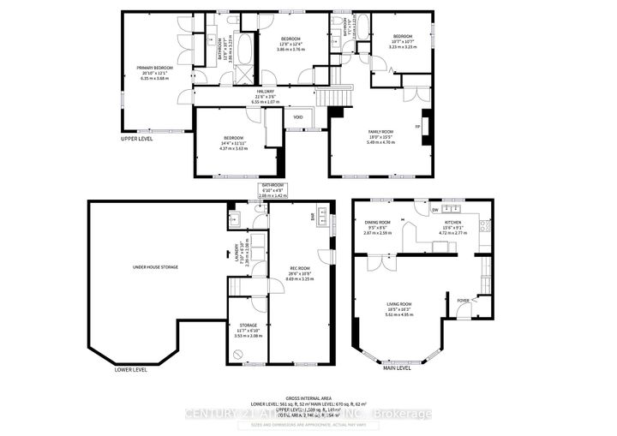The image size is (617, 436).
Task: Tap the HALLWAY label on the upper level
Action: (x=264, y=95)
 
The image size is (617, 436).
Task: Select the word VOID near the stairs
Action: (x=298, y=117)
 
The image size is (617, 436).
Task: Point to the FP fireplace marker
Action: (x=417, y=127)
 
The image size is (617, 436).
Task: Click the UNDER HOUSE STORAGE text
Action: (x=155, y=267)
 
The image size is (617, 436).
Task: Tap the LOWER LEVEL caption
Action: (x=130, y=370)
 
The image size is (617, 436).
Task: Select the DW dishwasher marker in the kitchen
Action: (x=434, y=209)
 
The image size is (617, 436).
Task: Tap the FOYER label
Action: (x=464, y=300)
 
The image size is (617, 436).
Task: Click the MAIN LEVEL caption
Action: (x=397, y=369)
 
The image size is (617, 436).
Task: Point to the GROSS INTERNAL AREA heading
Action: (x=308, y=397)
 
